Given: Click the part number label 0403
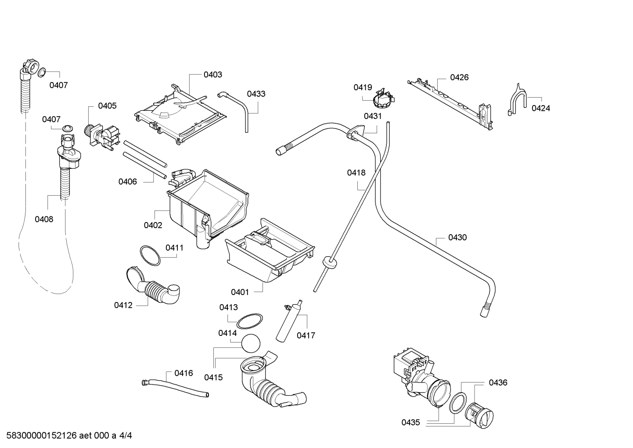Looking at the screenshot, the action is pos(213,75).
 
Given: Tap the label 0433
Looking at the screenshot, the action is pos(256,94).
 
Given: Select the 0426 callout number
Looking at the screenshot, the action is pos(459,77).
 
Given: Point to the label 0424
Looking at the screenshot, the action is pos(540,108).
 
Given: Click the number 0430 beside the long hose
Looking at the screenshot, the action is pos(457,237).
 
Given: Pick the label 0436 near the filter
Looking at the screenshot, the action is pos(498,382).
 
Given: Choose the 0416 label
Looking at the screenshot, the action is pos(183,373).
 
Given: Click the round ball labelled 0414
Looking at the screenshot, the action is pos(251,343).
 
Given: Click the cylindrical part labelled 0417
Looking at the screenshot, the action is pos(289,321).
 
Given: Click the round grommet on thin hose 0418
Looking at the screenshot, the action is pos(329,262).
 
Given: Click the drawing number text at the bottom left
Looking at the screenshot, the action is pos(69,436).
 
